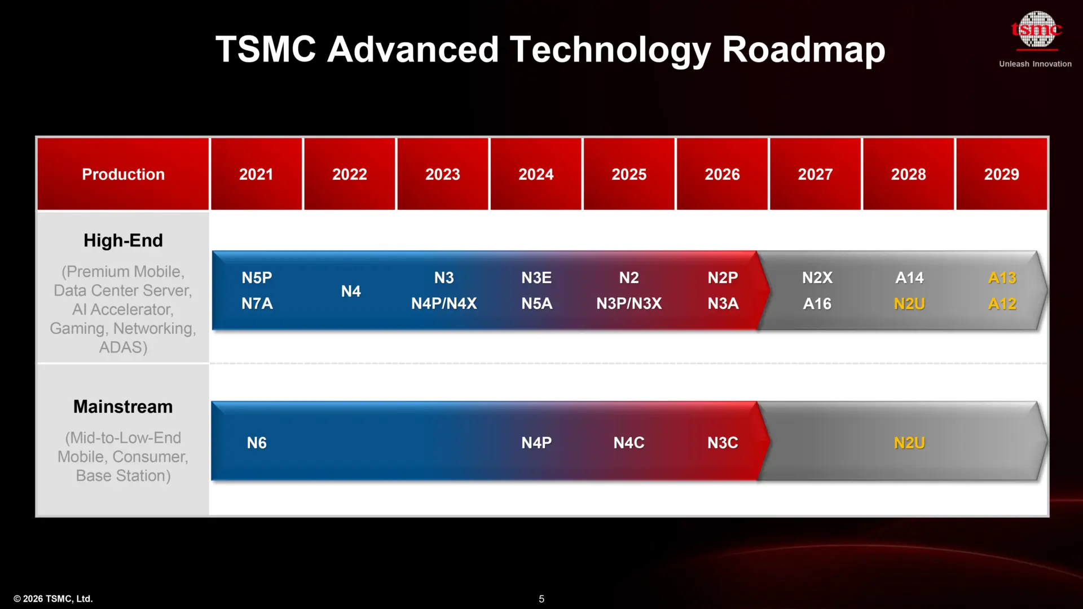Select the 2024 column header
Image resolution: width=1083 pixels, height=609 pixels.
(x=536, y=174)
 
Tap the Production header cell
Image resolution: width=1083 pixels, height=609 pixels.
(x=123, y=174)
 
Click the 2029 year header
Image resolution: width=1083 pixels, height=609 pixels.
(x=1001, y=174)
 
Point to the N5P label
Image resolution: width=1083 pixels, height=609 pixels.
(x=257, y=277)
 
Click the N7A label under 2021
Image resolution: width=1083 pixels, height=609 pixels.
(x=257, y=304)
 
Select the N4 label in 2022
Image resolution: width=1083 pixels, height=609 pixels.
(x=350, y=291)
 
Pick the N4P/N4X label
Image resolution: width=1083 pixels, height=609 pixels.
(x=444, y=304)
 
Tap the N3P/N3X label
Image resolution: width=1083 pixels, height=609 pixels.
(x=629, y=304)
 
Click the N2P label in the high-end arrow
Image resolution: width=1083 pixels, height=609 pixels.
(x=723, y=277)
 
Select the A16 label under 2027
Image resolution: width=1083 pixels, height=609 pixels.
(x=817, y=304)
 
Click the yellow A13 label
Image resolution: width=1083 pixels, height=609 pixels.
(x=1002, y=277)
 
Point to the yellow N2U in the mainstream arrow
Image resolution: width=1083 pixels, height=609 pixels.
(x=909, y=443)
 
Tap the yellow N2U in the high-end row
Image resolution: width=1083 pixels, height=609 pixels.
(x=909, y=304)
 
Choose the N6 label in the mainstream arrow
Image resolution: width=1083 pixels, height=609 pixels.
(x=257, y=443)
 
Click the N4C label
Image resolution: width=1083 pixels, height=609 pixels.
(x=629, y=443)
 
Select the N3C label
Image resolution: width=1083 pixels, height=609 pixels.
(x=723, y=443)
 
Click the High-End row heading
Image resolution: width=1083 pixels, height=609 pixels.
(x=123, y=241)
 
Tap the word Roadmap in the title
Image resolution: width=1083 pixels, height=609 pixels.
(x=803, y=50)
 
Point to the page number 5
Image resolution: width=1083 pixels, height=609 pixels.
(x=541, y=599)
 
